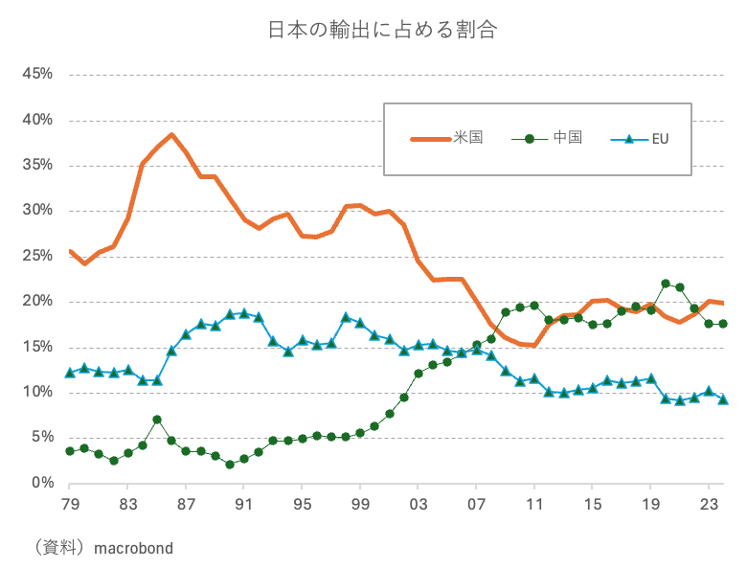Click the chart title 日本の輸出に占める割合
(x=382, y=30)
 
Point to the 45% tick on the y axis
(x=36, y=74)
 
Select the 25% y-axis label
(x=36, y=256)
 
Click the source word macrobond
(x=132, y=548)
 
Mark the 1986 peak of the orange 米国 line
(x=171, y=134)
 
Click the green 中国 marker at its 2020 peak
(x=666, y=284)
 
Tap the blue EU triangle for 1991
(x=244, y=313)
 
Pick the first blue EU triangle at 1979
(x=70, y=373)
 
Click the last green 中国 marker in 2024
(x=723, y=324)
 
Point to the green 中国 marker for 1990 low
(x=230, y=465)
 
